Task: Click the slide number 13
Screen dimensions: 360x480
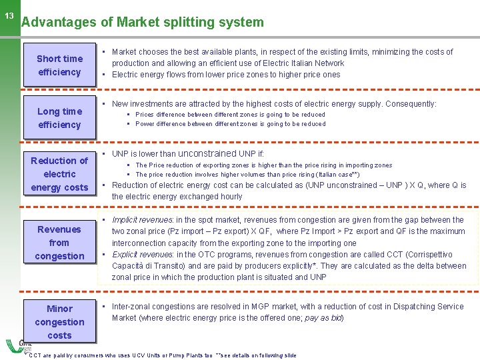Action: (9, 16)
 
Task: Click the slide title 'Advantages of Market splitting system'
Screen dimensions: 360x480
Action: (143, 22)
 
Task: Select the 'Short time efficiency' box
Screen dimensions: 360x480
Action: (59, 65)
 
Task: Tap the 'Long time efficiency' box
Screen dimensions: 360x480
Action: (59, 118)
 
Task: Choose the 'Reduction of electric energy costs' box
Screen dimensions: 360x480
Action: (59, 174)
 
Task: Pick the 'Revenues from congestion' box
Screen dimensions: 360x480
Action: (59, 243)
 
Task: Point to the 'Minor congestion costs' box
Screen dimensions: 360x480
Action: (59, 322)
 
